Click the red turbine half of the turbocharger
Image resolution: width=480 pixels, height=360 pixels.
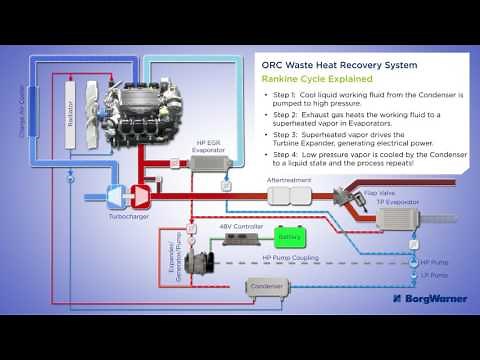141,190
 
